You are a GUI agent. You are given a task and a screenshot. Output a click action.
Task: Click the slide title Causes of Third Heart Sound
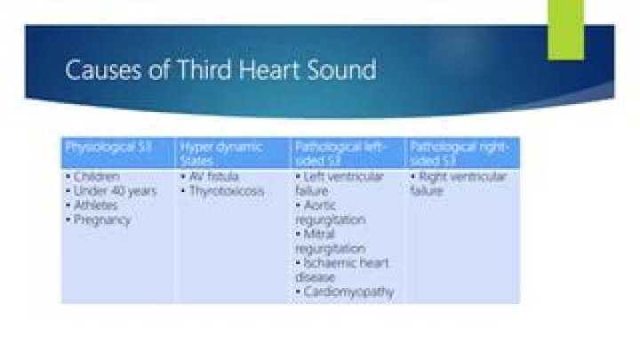pos(220,69)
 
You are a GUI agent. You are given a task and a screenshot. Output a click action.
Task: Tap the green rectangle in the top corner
pos(565,28)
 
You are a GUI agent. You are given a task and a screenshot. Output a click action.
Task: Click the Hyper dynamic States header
pos(221,153)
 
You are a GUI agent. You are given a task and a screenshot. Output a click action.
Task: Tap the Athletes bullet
pos(96,205)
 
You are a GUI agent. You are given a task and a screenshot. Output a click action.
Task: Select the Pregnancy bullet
pos(101,220)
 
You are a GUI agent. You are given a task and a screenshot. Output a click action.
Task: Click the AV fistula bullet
pos(212,177)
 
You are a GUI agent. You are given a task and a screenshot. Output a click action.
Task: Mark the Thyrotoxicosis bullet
pos(226,191)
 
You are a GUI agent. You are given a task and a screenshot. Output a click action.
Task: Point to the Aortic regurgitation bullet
pos(331,212)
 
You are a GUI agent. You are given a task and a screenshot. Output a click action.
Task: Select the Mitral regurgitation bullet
pos(330,241)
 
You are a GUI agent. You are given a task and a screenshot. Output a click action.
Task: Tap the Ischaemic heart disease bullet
pos(341,269)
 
